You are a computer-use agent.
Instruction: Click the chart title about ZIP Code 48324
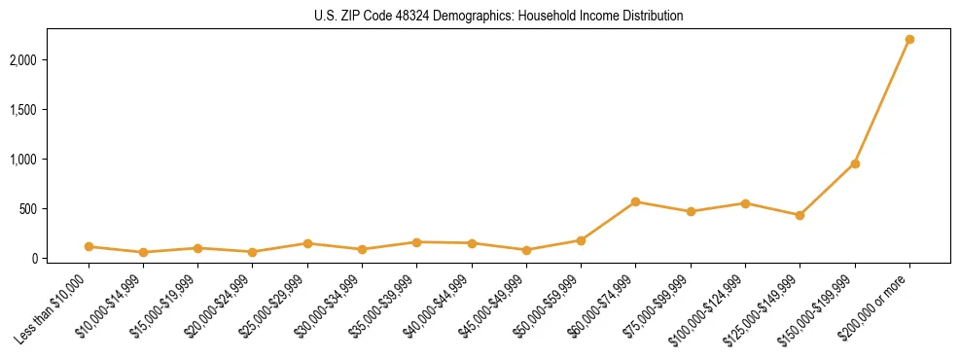pos(498,16)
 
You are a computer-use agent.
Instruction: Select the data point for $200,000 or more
pos(909,39)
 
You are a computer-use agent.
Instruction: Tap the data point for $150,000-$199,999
pos(855,163)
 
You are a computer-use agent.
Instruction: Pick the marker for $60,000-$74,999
pos(635,201)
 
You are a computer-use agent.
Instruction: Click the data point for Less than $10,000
pos(89,246)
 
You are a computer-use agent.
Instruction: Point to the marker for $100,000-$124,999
pos(745,203)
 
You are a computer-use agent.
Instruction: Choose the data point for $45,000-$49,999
pos(526,250)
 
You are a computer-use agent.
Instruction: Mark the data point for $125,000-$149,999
pos(800,215)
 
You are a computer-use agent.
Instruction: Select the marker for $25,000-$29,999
pos(307,243)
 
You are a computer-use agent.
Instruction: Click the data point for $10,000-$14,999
pos(143,252)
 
